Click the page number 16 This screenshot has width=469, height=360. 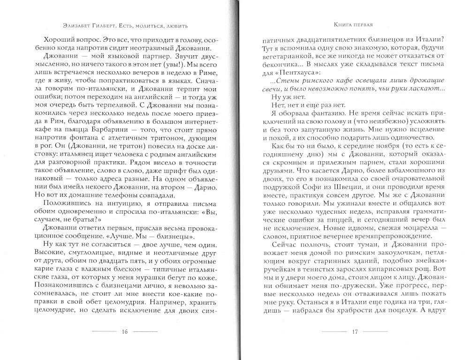coord(125,332)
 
